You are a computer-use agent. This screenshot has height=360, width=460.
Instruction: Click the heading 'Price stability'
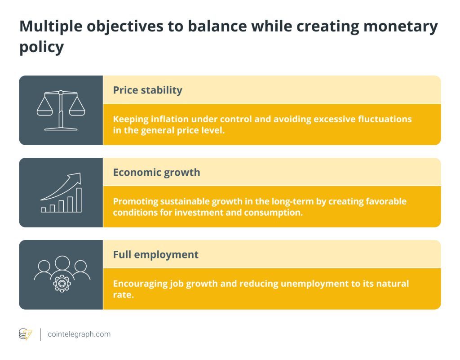point(147,90)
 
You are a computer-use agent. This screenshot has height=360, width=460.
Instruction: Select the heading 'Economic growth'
point(156,172)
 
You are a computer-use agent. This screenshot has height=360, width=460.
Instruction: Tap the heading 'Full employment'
point(155,254)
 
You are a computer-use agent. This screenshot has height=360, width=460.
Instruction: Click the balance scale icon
point(61,110)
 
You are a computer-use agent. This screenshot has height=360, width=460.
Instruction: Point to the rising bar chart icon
point(62,193)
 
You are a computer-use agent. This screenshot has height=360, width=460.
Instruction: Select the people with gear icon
point(62,274)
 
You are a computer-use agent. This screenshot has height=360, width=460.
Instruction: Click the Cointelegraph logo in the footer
point(25,334)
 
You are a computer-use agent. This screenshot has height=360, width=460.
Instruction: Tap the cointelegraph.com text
point(79,334)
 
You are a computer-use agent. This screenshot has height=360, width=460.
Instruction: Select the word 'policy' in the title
point(41,47)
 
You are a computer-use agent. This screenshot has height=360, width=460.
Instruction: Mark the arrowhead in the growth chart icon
point(77,177)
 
